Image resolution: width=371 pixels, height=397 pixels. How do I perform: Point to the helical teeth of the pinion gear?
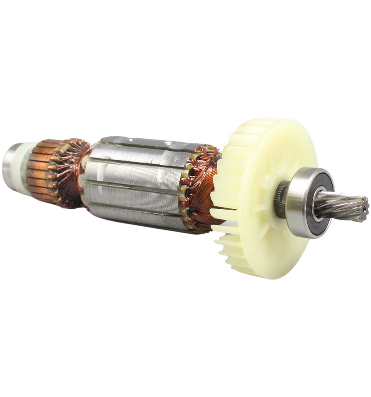coord(342,206)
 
